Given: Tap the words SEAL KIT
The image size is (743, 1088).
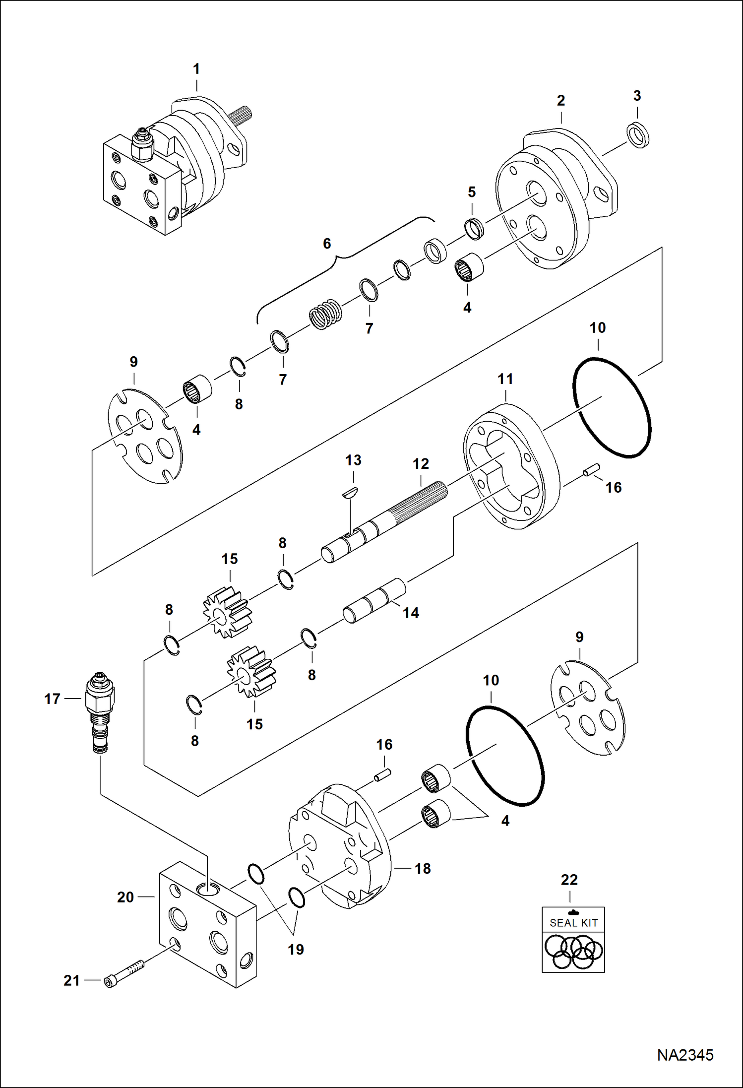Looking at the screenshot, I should (573, 923).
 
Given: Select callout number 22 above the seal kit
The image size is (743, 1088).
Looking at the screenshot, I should (569, 880).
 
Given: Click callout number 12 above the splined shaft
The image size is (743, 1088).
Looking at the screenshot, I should (421, 464).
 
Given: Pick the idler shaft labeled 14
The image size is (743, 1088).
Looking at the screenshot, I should (374, 601).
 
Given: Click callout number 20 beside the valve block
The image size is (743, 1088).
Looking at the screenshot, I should (125, 897).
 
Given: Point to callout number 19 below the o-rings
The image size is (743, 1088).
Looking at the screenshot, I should (296, 949).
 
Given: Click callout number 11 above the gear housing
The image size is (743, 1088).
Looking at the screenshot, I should (505, 379).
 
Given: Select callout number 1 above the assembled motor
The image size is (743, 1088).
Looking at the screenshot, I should (196, 69).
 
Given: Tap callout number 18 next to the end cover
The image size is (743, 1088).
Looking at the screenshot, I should (423, 868).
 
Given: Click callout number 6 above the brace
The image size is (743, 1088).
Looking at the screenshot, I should (327, 244).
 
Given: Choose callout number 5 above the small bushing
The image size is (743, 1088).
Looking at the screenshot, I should (472, 192).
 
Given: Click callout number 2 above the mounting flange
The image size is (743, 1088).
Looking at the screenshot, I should (560, 101).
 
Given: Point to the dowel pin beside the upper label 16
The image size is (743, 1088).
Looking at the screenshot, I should (592, 469).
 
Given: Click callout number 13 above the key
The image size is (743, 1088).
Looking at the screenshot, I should (353, 460).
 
